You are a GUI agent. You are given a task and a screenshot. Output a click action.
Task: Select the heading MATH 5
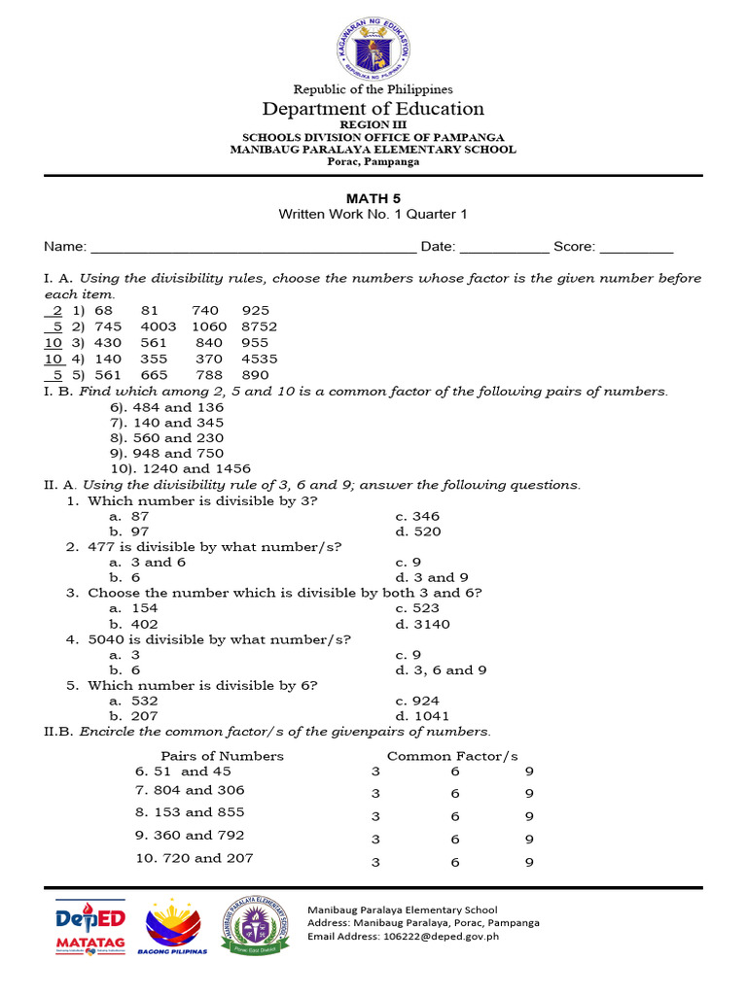click(373, 198)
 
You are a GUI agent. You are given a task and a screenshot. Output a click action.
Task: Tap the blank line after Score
click(636, 248)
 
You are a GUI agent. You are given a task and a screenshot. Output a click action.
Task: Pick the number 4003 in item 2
click(159, 326)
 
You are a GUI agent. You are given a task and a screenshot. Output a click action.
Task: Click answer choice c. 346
click(417, 516)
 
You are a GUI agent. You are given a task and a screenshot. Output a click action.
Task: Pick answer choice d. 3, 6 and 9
click(441, 669)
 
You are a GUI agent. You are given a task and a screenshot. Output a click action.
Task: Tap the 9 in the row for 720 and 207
click(529, 862)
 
